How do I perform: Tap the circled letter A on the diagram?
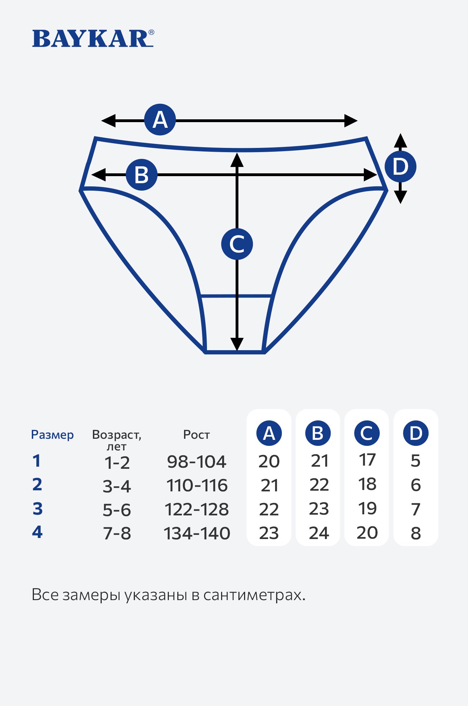coord(160,120)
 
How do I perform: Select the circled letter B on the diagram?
coord(142,175)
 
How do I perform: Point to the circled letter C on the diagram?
coord(237,244)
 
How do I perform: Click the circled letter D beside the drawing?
coord(400,167)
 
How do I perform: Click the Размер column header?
coord(52,435)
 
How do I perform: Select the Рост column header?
coord(196,435)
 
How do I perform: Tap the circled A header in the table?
coord(269,433)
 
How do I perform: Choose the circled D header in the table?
coord(416,433)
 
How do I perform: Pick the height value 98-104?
coord(196,462)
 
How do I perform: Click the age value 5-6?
coord(117,510)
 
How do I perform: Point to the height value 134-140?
coord(197,533)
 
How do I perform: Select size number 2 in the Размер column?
coord(37,484)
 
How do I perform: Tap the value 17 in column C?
coord(367,460)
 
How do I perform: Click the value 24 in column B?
coord(319,533)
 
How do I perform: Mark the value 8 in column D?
coord(416,533)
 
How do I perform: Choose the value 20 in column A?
coord(269,462)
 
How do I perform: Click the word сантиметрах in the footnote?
coord(254,595)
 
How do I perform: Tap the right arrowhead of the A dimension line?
coord(351,121)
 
